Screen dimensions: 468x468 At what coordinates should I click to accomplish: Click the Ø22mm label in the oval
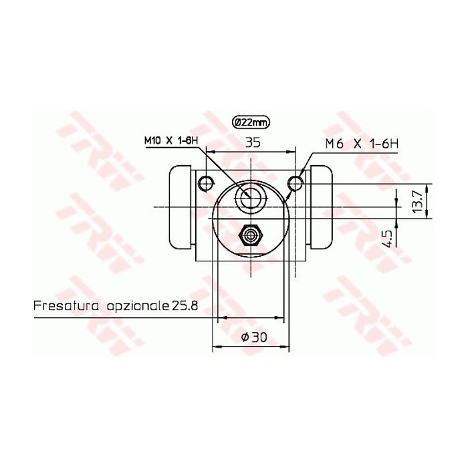tap(251, 122)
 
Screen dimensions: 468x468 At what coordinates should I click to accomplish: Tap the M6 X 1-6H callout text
tap(361, 142)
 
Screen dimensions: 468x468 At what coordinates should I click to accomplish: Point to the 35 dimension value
tap(253, 142)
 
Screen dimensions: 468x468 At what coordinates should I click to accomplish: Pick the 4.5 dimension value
tap(386, 239)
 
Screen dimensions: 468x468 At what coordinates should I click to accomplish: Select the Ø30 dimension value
tap(253, 338)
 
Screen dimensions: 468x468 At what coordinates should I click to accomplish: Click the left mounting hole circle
tap(207, 181)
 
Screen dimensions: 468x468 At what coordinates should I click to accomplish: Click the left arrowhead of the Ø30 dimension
tap(216, 347)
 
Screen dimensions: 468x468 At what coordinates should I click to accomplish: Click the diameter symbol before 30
tap(244, 338)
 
